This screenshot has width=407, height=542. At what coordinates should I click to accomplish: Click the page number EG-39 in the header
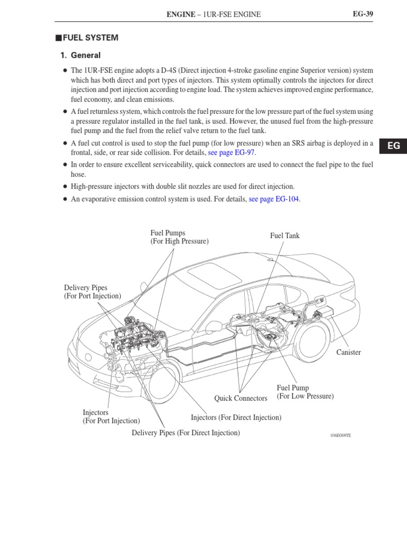click(x=363, y=14)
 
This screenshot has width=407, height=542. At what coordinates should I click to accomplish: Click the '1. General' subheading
click(x=80, y=55)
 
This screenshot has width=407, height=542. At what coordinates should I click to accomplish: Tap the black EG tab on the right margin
click(x=393, y=146)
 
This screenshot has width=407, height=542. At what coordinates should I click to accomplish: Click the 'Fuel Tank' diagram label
click(x=285, y=236)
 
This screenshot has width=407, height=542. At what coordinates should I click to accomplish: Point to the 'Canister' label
click(x=348, y=353)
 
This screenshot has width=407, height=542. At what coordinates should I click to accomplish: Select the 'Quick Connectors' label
click(x=241, y=398)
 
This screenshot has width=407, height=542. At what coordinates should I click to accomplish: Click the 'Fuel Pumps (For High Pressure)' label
click(x=179, y=237)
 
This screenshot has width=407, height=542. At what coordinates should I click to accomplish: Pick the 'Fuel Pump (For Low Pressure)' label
click(x=305, y=392)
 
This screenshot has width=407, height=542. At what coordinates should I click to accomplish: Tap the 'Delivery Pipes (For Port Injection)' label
click(x=92, y=292)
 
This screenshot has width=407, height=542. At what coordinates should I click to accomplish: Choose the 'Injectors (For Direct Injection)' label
click(x=236, y=418)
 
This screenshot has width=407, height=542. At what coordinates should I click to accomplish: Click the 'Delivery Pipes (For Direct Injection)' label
click(x=185, y=433)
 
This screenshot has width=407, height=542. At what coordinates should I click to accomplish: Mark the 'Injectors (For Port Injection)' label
click(x=111, y=417)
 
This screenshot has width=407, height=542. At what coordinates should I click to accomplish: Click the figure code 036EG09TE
click(x=340, y=435)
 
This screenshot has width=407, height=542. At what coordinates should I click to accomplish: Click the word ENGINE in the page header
click(x=181, y=14)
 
